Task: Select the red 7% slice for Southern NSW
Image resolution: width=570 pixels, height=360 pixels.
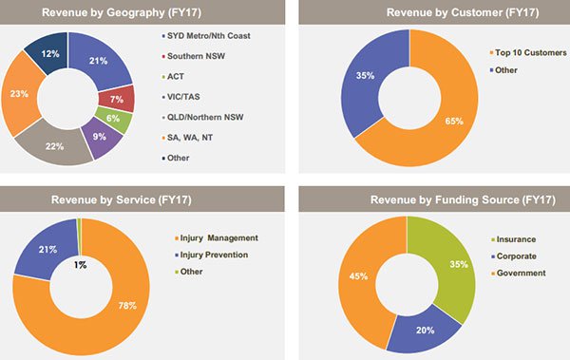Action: [116, 99]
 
